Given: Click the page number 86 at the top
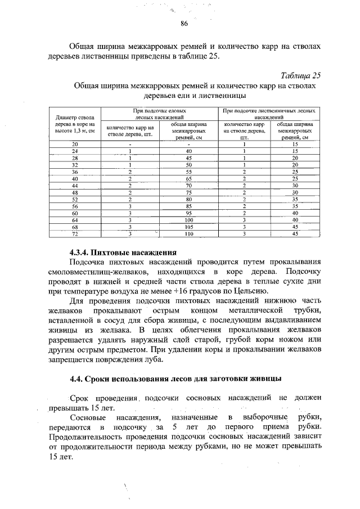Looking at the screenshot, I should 184,24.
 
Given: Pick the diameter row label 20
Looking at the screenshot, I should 74,145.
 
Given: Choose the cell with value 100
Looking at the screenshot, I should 189,219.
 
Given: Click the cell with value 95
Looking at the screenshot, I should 189,213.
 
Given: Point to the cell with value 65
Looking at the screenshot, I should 189,178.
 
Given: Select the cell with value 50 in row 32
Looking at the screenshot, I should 189,165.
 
